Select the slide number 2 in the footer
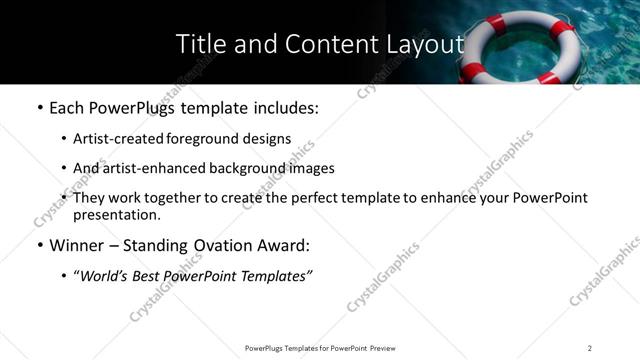pyautogui.click(x=590, y=347)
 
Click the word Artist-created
pyautogui.click(x=112, y=139)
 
